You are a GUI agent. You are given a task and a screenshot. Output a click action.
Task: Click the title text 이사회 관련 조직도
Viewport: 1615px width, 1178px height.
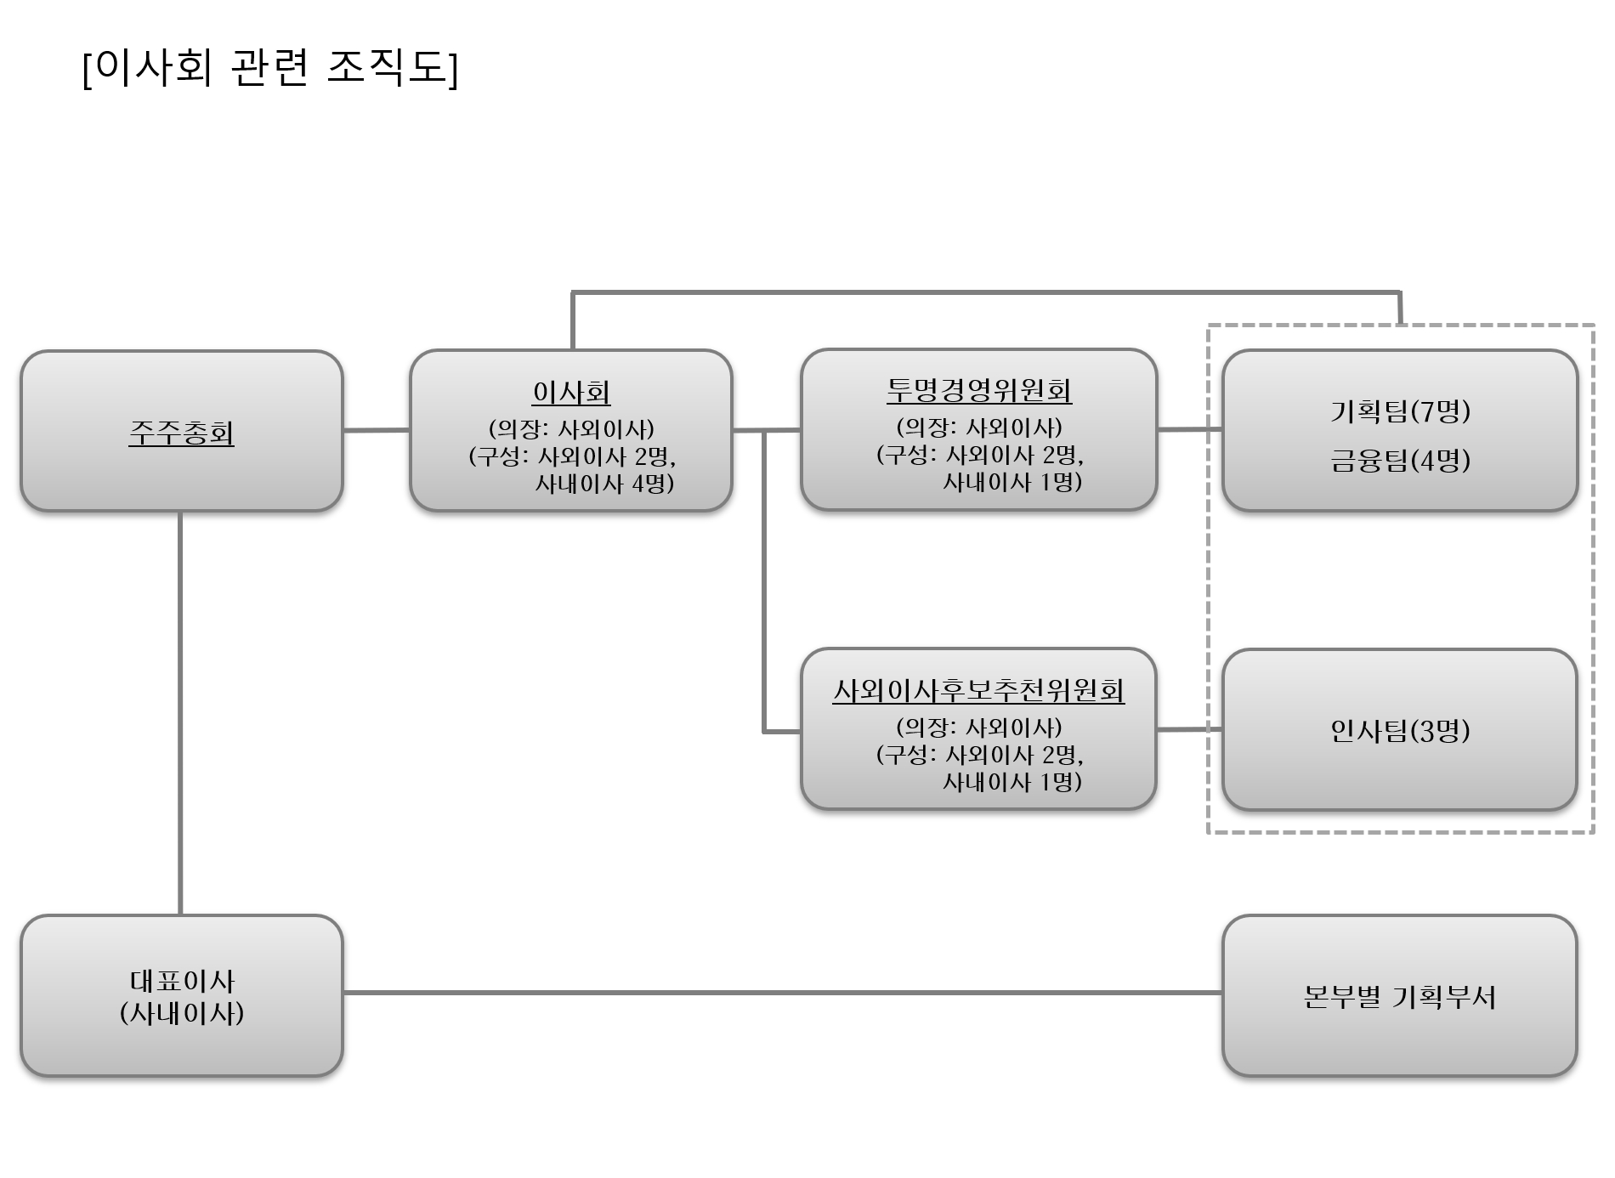270,68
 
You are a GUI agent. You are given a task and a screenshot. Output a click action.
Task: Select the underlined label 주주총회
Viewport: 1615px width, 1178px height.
181,433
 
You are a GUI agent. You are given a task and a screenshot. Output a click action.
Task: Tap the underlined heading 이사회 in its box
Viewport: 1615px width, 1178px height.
571,392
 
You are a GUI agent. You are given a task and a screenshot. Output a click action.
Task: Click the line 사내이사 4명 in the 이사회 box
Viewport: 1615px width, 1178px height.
604,484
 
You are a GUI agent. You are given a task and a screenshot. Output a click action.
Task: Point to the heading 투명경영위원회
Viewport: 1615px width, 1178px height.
979,390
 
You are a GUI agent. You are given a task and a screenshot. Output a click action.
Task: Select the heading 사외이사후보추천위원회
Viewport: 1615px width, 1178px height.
978,690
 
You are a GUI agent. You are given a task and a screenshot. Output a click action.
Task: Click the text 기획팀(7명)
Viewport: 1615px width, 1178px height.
1400,411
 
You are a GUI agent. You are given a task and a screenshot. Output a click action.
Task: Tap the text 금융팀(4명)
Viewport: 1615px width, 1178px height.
1400,461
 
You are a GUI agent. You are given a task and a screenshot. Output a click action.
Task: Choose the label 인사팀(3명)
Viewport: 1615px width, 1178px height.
1400,730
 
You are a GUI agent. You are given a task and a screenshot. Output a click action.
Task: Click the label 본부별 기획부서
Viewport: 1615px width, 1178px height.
1400,996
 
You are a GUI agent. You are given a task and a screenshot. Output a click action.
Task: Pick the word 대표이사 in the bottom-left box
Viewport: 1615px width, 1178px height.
182,981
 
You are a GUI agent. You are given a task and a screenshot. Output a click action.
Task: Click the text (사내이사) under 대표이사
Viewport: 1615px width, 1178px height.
182,1013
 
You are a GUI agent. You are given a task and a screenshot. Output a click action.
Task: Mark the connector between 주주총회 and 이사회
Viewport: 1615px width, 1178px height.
377,430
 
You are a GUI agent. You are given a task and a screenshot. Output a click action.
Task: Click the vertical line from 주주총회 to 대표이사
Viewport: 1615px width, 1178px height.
180,714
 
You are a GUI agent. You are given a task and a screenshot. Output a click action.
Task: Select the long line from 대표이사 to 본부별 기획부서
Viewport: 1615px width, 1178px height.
782,992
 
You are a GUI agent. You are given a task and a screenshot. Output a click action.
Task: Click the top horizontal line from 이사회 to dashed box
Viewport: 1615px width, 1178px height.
986,292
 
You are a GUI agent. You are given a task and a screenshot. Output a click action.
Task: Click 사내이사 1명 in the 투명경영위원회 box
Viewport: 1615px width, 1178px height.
1012,482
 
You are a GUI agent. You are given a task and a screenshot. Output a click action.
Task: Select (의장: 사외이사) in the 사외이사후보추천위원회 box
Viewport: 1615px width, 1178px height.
979,728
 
